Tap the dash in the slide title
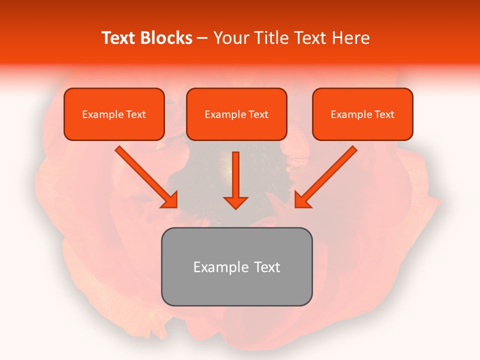coord(202,38)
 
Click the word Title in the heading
coord(271,38)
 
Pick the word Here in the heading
coord(352,38)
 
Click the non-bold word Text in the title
coord(311,38)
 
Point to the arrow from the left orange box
coord(147,177)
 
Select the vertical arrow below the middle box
coord(235,180)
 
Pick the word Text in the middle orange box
coord(258,114)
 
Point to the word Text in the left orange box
coord(136,114)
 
